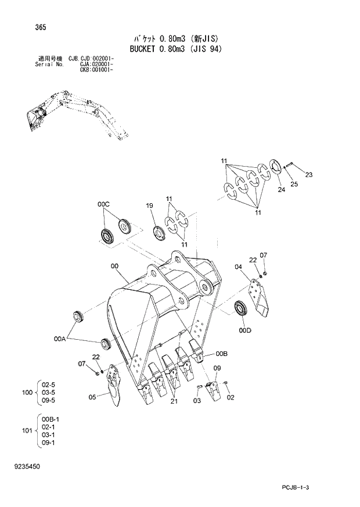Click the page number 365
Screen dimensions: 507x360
pos(24,27)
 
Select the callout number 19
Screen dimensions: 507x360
pos(149,206)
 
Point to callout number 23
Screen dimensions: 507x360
pos(308,175)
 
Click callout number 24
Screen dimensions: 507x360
pos(280,189)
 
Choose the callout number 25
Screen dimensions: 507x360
pos(294,184)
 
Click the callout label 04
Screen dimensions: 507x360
pos(238,267)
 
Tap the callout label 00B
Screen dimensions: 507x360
pos(221,354)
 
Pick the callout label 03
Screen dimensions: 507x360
pos(197,401)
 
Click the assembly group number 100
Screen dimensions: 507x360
pos(27,393)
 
